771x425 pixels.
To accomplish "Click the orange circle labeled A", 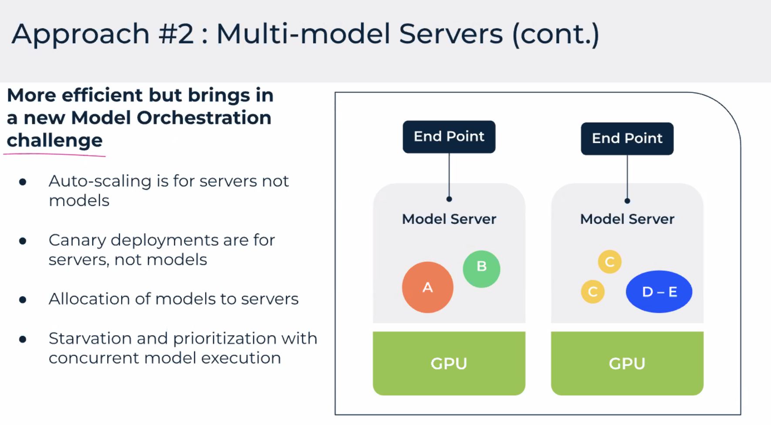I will click(x=427, y=287).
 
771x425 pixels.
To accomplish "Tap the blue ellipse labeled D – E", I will click(x=659, y=291).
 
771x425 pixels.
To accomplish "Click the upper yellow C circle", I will click(x=609, y=262).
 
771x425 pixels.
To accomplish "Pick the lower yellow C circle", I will click(x=592, y=291).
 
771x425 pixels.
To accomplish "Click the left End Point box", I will click(x=449, y=137).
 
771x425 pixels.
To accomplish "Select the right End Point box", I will click(x=627, y=138).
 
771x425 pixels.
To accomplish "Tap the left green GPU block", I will click(x=449, y=363).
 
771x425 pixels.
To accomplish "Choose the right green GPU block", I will click(x=627, y=363).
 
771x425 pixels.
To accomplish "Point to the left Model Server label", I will click(x=449, y=219).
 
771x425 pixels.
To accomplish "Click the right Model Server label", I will click(x=627, y=219).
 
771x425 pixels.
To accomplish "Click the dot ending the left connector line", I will click(x=449, y=199).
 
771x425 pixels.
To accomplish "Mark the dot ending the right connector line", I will click(x=627, y=201).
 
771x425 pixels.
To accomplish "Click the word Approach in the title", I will click(x=81, y=34).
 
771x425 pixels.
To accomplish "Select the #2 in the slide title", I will click(x=176, y=34).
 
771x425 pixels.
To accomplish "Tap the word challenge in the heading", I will click(x=54, y=141).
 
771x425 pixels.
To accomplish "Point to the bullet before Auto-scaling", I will click(x=23, y=182).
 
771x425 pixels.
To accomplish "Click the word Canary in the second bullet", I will click(x=77, y=240).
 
